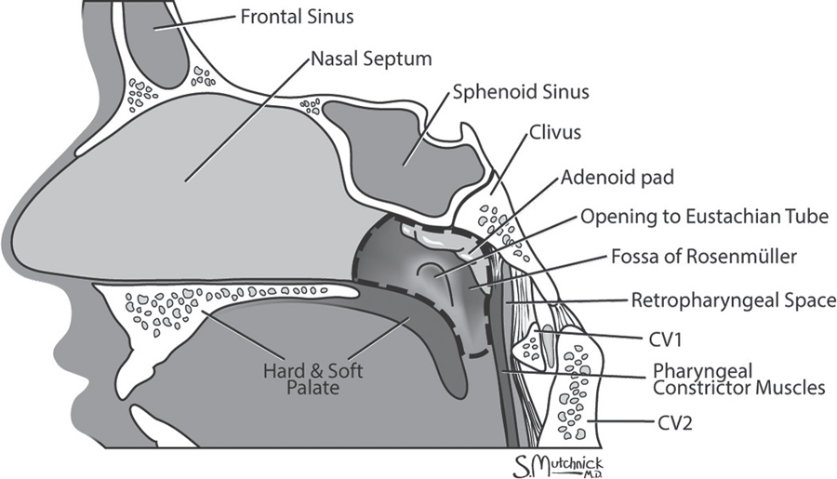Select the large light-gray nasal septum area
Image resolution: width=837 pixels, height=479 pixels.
(x=186, y=186)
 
